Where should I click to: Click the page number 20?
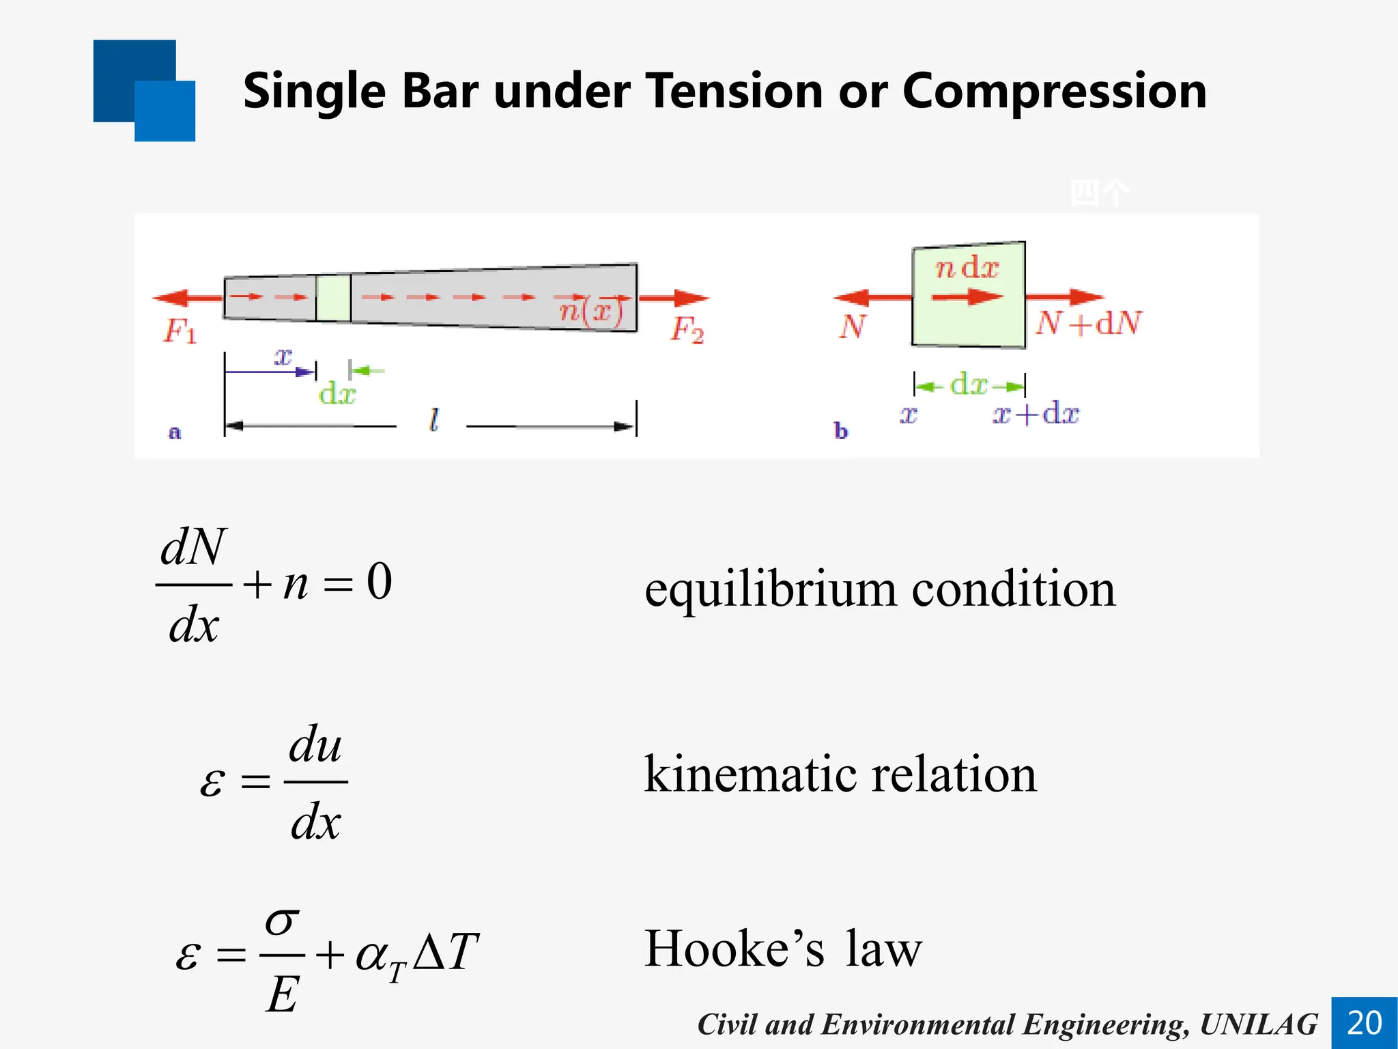click(x=1364, y=1022)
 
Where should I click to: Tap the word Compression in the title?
click(x=1054, y=91)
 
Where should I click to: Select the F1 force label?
click(x=180, y=331)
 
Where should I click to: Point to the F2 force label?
click(x=687, y=330)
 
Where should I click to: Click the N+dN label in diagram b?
click(x=1087, y=323)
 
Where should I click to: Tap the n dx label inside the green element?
click(x=967, y=268)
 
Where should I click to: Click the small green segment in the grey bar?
click(x=333, y=298)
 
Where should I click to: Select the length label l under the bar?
click(x=433, y=419)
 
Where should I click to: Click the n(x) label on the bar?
click(x=591, y=312)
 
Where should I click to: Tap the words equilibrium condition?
click(x=880, y=589)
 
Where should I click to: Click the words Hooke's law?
click(x=783, y=949)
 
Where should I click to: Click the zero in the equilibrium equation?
click(x=380, y=582)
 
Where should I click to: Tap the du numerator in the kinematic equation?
click(x=315, y=744)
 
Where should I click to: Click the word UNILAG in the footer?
click(x=1259, y=1024)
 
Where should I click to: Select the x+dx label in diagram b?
click(x=1036, y=414)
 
